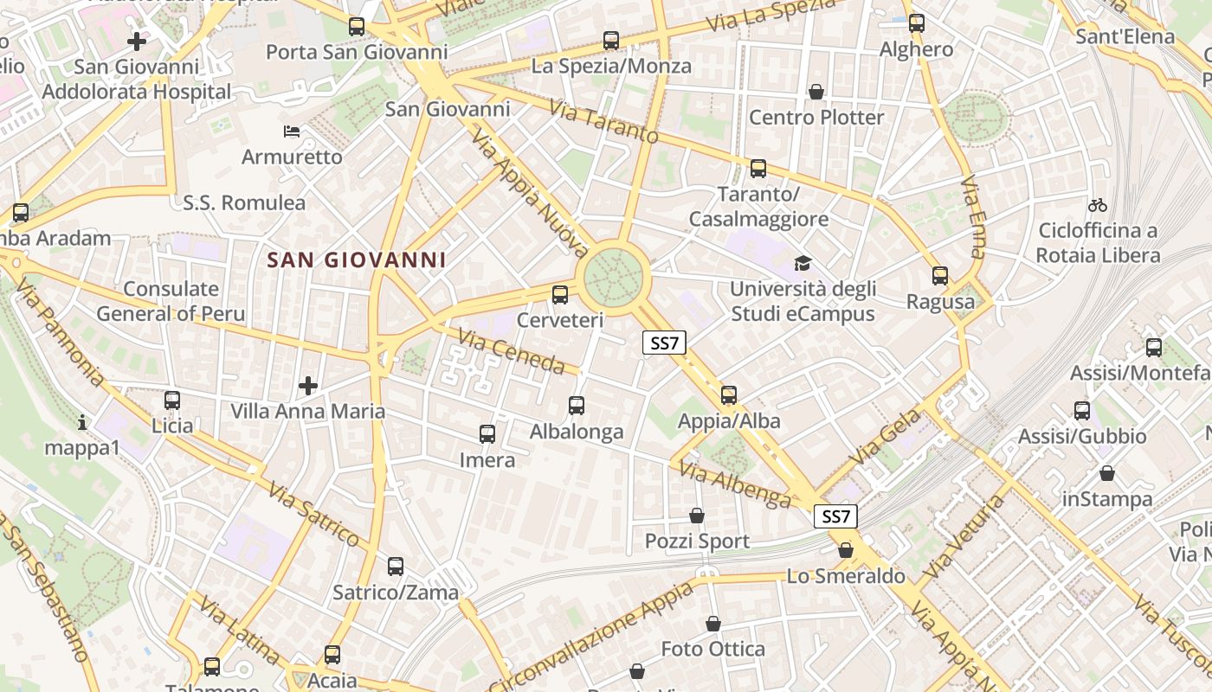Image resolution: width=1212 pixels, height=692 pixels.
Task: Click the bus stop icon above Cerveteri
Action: click(x=560, y=294)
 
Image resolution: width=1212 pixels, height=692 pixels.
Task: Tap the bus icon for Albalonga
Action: click(x=577, y=405)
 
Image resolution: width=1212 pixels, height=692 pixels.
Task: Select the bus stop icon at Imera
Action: click(x=487, y=433)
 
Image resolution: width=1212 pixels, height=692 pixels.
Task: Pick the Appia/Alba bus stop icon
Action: click(x=729, y=395)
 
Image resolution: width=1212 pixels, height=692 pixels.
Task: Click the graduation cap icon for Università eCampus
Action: click(x=803, y=263)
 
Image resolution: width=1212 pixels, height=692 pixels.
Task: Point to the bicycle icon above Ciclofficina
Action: click(x=1098, y=205)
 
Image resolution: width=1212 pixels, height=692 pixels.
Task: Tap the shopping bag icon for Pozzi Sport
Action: click(x=697, y=516)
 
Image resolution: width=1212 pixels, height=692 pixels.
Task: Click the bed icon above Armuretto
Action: click(x=292, y=131)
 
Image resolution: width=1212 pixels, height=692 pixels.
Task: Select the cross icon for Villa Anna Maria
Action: click(x=307, y=385)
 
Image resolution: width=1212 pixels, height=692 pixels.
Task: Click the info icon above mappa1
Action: click(x=82, y=422)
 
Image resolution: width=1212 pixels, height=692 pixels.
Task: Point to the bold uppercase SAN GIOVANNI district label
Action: click(x=356, y=259)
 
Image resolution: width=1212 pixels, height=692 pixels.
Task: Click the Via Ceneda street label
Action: click(x=511, y=350)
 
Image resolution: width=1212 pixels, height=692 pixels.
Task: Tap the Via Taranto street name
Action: click(x=603, y=123)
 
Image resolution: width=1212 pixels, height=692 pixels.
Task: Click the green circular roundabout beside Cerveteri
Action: click(x=614, y=277)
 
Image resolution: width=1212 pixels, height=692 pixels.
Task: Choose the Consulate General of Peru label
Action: click(x=171, y=301)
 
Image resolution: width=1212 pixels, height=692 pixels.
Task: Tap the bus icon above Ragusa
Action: click(x=940, y=276)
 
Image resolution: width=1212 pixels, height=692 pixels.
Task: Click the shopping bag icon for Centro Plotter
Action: click(x=816, y=92)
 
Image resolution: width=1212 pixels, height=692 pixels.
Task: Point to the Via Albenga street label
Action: click(x=735, y=484)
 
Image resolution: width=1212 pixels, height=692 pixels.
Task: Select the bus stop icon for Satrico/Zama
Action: click(x=396, y=567)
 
